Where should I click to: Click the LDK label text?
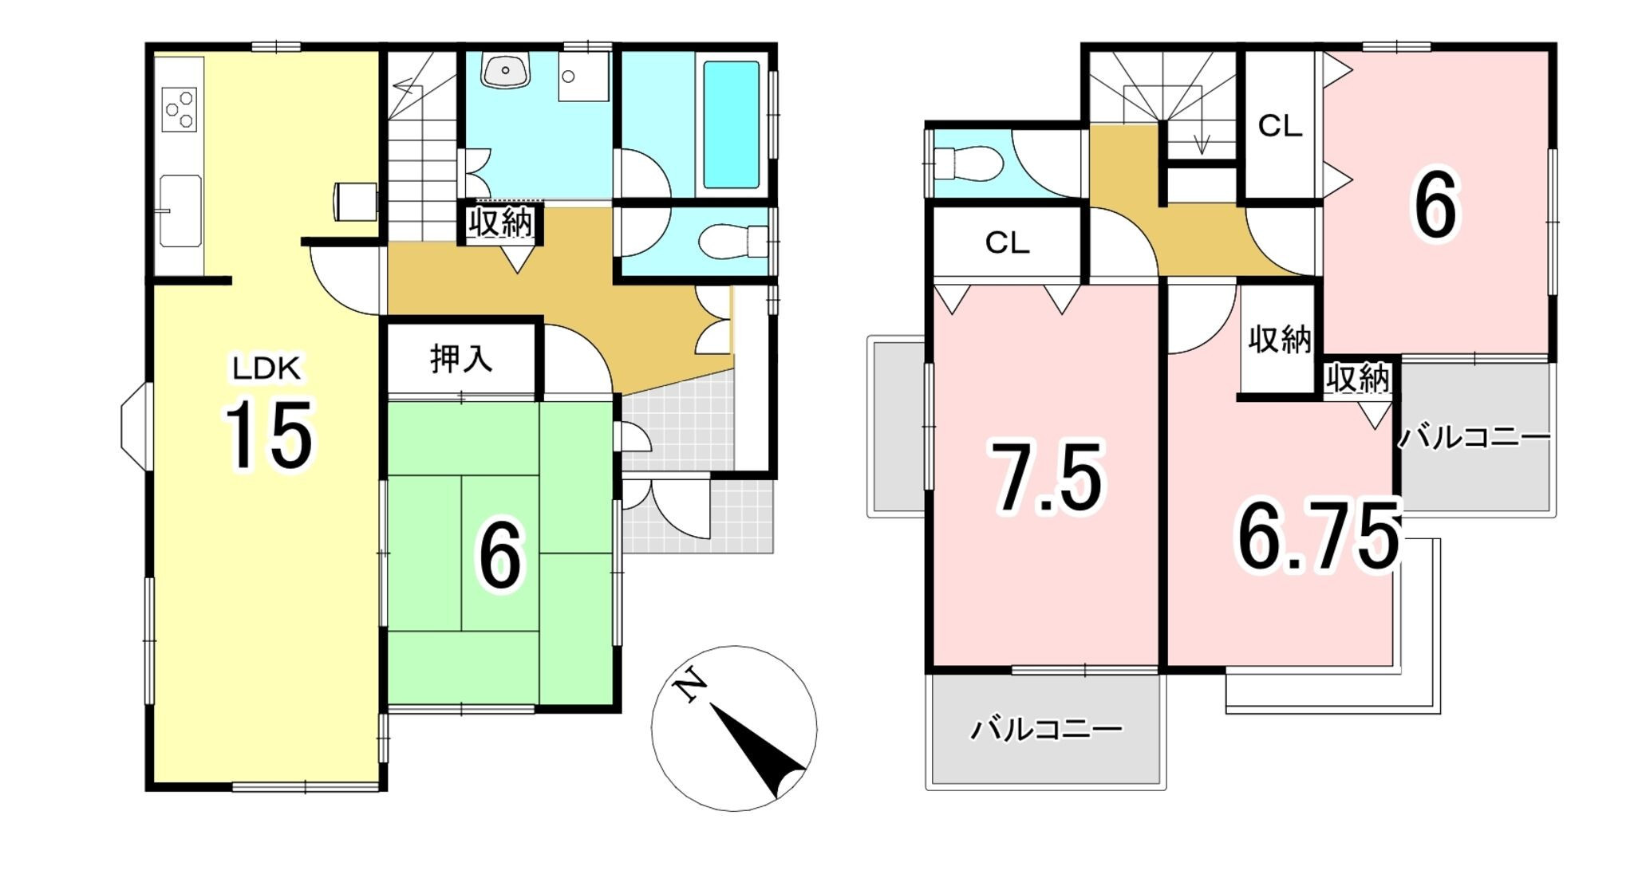tap(266, 368)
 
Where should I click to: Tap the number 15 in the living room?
tap(268, 435)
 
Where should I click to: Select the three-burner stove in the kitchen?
tap(179, 109)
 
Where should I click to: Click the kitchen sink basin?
tap(180, 211)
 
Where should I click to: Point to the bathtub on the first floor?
tap(731, 124)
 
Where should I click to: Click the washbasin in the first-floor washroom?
tap(506, 70)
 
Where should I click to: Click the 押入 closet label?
tap(461, 359)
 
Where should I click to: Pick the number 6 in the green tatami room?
tap(499, 556)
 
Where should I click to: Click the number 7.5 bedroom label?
tap(1047, 477)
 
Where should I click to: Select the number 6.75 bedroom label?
tap(1318, 536)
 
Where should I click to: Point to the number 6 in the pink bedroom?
tap(1435, 205)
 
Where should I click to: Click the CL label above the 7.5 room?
tap(1008, 242)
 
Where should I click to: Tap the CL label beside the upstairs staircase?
tap(1280, 126)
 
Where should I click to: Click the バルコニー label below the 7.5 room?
tap(1046, 729)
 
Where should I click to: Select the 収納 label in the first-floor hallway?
tap(500, 222)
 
